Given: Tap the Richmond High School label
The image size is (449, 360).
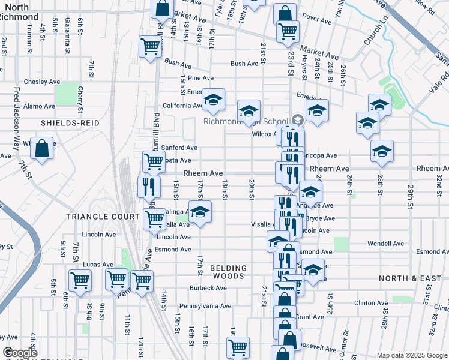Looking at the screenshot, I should (x=247, y=121).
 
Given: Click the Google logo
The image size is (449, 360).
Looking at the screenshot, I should (x=20, y=353).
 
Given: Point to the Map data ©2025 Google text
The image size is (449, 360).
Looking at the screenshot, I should (x=412, y=355).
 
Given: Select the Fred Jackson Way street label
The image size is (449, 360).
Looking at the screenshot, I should (x=17, y=120).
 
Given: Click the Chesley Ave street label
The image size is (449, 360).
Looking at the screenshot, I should (x=42, y=82).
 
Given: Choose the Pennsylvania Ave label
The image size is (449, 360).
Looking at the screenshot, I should (x=205, y=305).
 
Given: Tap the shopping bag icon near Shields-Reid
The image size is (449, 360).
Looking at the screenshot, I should (x=42, y=148).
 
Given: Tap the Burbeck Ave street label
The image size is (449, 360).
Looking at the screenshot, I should (x=208, y=288).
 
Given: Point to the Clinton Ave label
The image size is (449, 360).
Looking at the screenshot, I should (x=369, y=303).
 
